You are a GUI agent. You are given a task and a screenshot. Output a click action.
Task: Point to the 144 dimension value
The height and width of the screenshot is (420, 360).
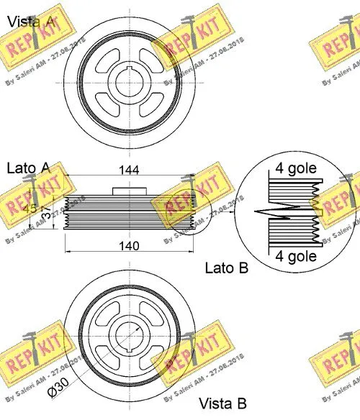(129, 170)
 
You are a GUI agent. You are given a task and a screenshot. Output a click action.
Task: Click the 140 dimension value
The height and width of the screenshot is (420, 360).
(129, 245)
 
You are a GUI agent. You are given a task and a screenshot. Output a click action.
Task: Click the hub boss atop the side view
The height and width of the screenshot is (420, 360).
(129, 191)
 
